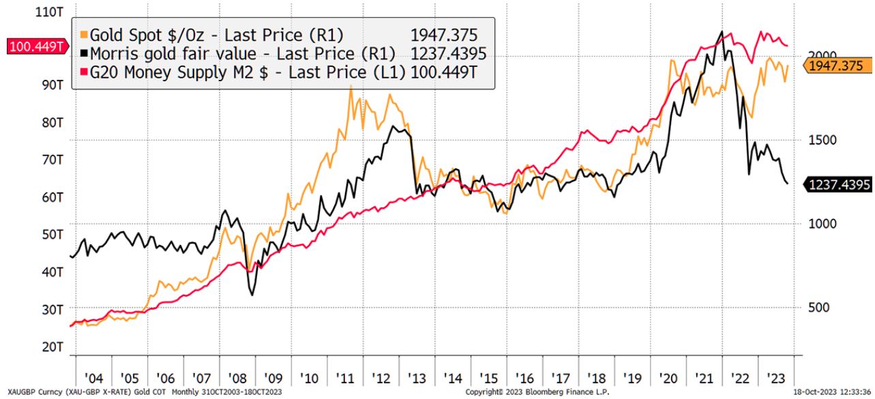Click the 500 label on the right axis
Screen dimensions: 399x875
click(x=818, y=307)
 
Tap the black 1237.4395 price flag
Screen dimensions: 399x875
click(x=838, y=183)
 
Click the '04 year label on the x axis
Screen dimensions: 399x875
click(x=93, y=379)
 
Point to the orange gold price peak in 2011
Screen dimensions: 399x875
click(x=351, y=87)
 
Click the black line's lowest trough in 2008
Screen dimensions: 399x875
click(x=252, y=295)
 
